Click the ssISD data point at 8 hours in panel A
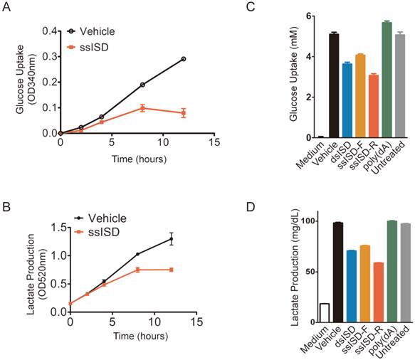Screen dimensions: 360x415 point(142,108)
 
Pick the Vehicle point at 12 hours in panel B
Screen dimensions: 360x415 point(172,239)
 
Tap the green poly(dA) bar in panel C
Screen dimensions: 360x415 point(387,80)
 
